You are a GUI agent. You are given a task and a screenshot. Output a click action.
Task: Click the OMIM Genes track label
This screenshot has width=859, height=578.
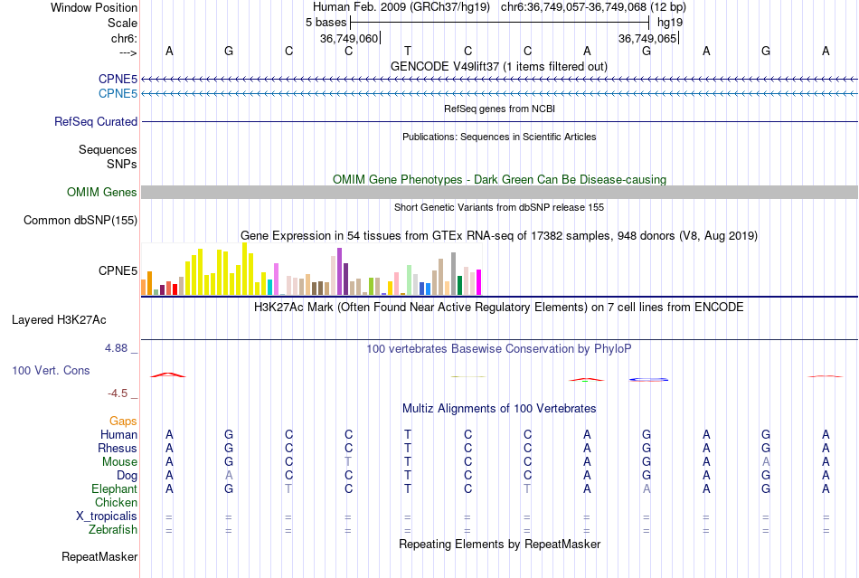[x=101, y=192]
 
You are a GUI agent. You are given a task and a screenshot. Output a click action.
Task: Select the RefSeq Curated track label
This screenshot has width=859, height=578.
[x=96, y=121]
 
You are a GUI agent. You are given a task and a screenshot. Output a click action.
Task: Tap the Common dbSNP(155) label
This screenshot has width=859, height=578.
[x=80, y=220]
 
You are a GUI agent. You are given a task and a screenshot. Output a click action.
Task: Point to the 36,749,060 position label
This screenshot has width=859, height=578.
[x=349, y=38]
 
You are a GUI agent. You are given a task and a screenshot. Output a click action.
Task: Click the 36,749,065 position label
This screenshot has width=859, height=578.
[x=647, y=38]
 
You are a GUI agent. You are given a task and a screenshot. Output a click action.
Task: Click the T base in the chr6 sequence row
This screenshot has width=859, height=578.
[x=408, y=51]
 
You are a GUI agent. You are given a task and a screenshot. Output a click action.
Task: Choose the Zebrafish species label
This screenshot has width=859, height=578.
[x=111, y=529]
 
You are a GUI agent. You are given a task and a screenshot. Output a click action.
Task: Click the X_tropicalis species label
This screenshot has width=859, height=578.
[x=107, y=516]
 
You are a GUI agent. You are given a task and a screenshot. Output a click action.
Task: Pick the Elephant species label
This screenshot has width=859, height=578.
[x=114, y=488]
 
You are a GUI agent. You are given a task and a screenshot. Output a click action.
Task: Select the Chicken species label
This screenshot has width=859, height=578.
[x=116, y=502]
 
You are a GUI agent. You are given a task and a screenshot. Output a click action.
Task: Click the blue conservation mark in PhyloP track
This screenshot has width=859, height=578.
[x=648, y=378]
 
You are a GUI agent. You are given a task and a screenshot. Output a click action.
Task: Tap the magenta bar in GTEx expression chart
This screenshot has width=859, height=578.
[x=478, y=282]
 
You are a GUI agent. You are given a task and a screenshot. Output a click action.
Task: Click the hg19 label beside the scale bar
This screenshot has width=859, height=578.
[x=670, y=21]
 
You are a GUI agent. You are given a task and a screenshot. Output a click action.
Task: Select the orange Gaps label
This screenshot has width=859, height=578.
[x=123, y=421]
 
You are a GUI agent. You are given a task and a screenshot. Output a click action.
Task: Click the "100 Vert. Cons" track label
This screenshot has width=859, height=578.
[x=51, y=370]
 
